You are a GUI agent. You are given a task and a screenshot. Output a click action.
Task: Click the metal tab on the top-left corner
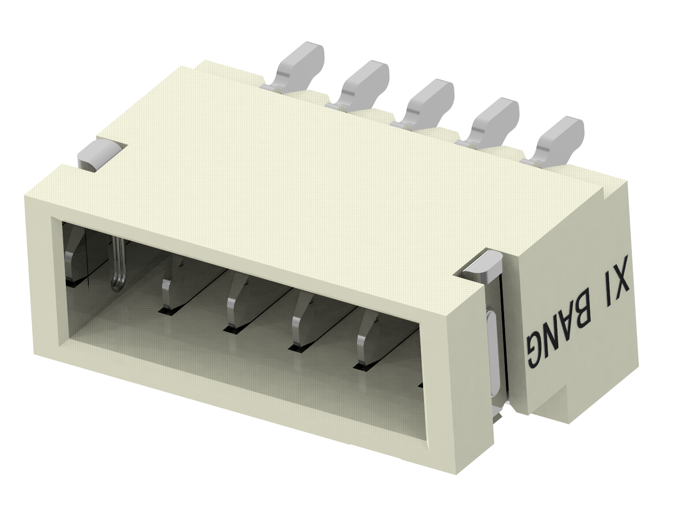point(99,155)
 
